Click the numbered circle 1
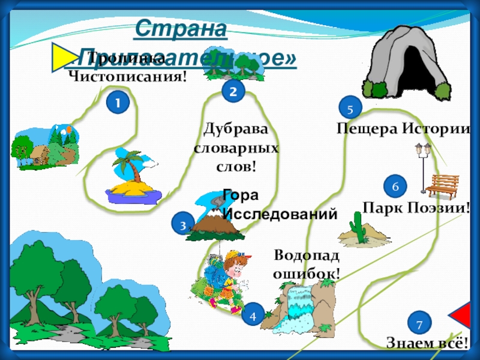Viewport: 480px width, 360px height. [118, 103]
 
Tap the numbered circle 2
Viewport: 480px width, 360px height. [233, 91]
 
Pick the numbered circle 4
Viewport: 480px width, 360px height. [253, 314]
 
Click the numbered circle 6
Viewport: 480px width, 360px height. [395, 187]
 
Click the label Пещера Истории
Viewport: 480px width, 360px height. [402, 128]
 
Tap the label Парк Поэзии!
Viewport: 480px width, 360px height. [416, 208]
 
